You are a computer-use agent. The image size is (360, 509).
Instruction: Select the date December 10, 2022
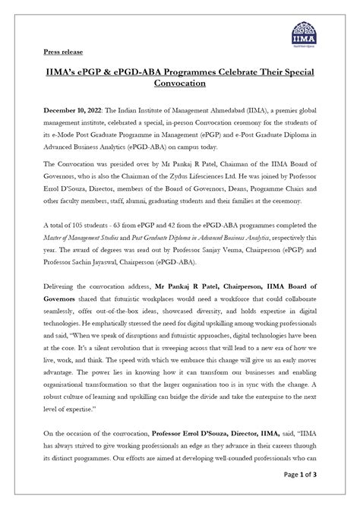point(69,110)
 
